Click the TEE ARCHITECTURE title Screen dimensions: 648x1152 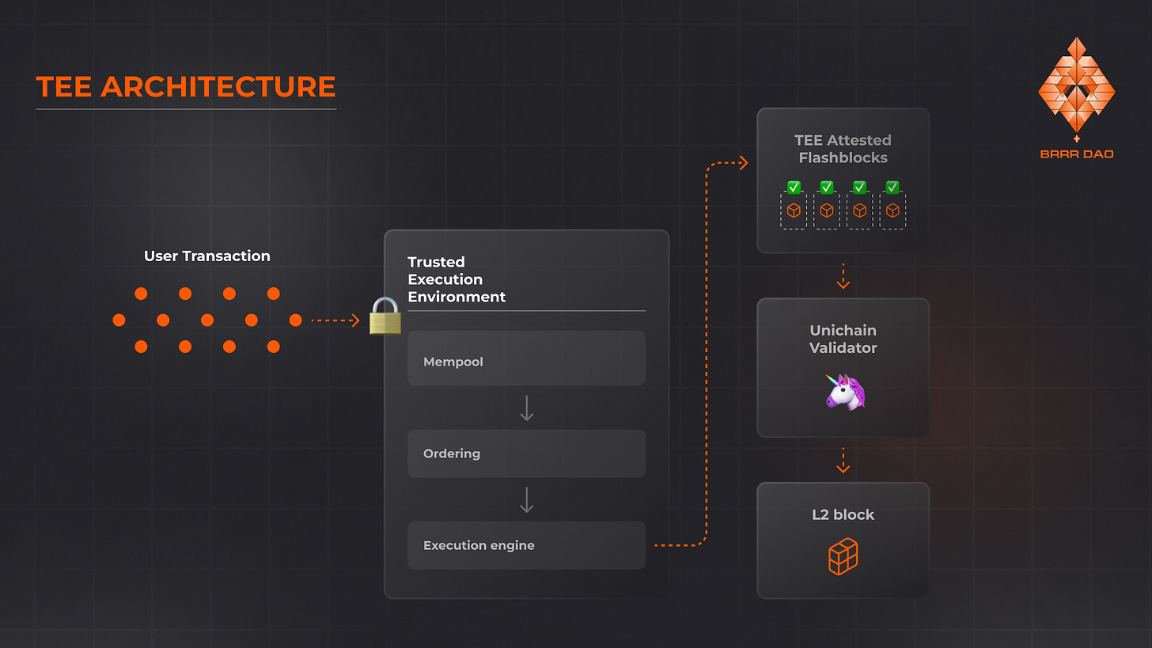[186, 87]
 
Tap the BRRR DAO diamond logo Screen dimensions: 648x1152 [1076, 85]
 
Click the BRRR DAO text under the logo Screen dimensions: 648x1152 [1076, 154]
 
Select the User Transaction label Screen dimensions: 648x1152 [207, 256]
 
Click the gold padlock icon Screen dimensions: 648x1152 [385, 316]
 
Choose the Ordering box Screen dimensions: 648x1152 [526, 453]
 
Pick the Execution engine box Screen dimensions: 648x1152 [526, 545]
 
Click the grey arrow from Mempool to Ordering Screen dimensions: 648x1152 [526, 408]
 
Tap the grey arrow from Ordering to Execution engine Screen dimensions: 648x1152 [526, 500]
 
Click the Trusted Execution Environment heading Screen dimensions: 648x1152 [457, 279]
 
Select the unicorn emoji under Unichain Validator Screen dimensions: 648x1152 [844, 392]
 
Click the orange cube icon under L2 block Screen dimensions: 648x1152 [843, 556]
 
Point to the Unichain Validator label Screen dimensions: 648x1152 [843, 339]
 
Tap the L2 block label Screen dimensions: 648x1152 [843, 515]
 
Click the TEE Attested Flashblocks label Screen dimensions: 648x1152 [843, 149]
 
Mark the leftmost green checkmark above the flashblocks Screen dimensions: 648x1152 [794, 188]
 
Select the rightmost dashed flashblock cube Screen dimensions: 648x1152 [892, 211]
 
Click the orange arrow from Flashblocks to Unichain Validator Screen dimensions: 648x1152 [843, 276]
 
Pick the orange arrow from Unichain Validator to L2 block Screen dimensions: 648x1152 [843, 460]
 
